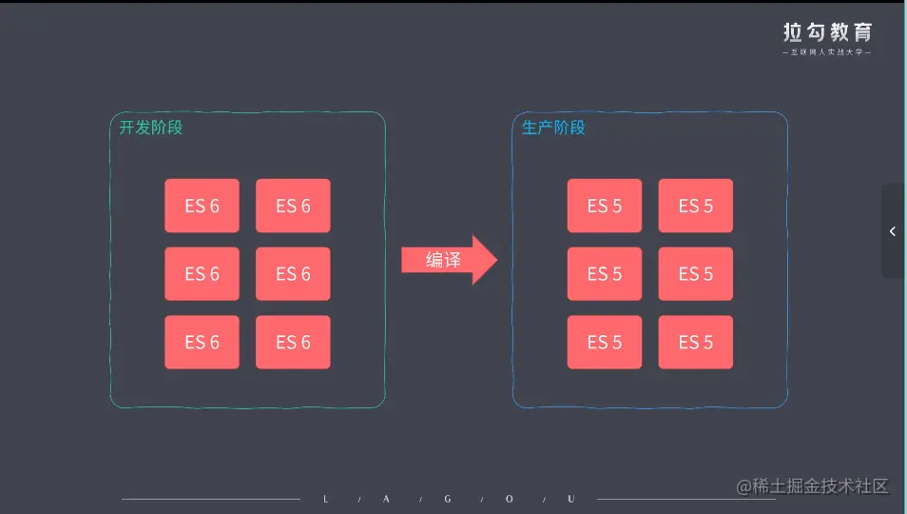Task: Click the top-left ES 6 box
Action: pyautogui.click(x=202, y=206)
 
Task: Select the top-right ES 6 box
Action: pyautogui.click(x=293, y=206)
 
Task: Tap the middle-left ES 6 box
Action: pyautogui.click(x=202, y=274)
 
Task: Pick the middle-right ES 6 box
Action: pyautogui.click(x=293, y=274)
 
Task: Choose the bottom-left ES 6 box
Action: pyautogui.click(x=202, y=343)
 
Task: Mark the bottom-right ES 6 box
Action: pyautogui.click(x=293, y=343)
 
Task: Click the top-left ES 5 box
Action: pyautogui.click(x=605, y=206)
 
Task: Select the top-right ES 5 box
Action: pyautogui.click(x=696, y=206)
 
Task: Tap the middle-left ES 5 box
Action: pyautogui.click(x=605, y=274)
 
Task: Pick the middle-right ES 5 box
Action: pyautogui.click(x=696, y=274)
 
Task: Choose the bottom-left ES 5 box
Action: pyautogui.click(x=605, y=343)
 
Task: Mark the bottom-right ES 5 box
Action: pyautogui.click(x=696, y=343)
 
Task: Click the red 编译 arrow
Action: pyautogui.click(x=448, y=260)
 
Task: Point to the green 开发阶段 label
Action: pyautogui.click(x=150, y=128)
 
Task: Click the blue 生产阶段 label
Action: pyautogui.click(x=553, y=128)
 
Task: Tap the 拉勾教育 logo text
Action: pyautogui.click(x=826, y=32)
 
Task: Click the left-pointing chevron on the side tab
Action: pyautogui.click(x=893, y=231)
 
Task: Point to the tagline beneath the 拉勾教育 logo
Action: pyautogui.click(x=826, y=52)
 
